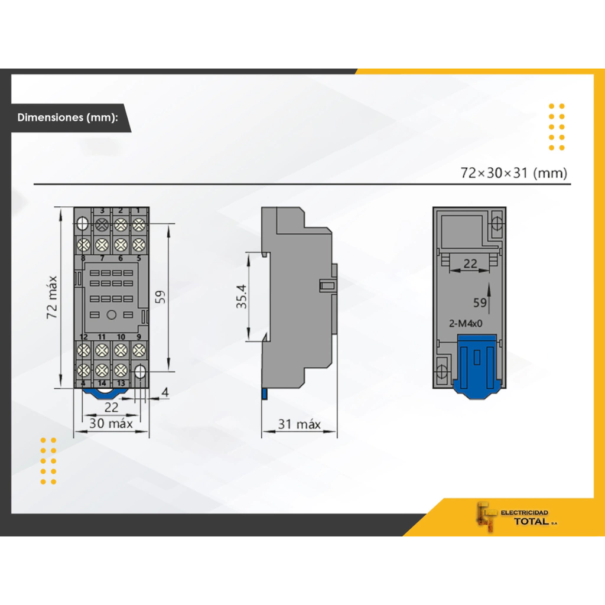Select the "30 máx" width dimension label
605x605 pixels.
click(x=111, y=423)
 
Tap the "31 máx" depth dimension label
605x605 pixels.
click(x=300, y=424)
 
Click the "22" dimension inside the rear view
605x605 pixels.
click(x=470, y=264)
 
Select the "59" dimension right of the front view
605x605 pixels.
click(x=160, y=297)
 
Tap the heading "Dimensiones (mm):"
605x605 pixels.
click(x=68, y=117)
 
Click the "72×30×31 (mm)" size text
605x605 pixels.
click(x=513, y=173)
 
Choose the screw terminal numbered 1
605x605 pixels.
click(x=139, y=224)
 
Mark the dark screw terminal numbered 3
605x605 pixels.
click(x=102, y=224)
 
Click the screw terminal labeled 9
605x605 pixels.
click(x=139, y=349)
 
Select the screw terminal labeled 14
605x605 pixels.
click(x=102, y=370)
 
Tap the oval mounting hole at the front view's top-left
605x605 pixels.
click(x=82, y=224)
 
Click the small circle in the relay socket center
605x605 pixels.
click(x=110, y=315)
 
